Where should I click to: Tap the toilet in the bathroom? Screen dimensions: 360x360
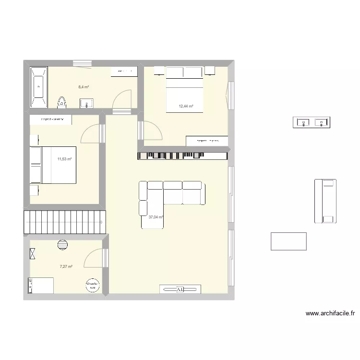pos(61,102)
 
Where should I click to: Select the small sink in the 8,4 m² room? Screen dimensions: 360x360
pos(87,102)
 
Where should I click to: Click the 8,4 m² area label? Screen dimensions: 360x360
pos(84,87)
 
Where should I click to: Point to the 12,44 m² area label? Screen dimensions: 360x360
pos(186,107)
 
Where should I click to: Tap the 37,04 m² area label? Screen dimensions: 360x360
pos(156,217)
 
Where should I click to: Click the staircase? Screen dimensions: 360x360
pos(64,222)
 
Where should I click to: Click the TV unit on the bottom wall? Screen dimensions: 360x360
pos(180,289)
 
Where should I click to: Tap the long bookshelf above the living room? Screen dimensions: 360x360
pos(182,155)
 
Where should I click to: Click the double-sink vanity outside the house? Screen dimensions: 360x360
pos(312,123)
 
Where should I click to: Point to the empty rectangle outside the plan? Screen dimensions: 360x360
pos(288,241)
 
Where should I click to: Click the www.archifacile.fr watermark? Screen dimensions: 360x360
pos(330,313)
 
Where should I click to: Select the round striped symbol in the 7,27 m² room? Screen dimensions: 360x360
pos(62,244)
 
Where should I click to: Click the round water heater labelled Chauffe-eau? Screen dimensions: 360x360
pos(93,286)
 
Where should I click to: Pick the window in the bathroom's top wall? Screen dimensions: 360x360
pos(82,62)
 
